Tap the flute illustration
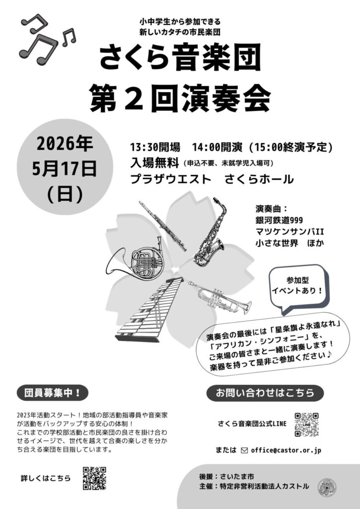(x=163, y=226)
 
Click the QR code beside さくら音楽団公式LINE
(x=306, y=424)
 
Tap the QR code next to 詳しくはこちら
(x=94, y=478)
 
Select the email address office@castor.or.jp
(x=286, y=450)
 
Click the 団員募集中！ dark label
(x=53, y=393)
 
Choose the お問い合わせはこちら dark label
(x=265, y=393)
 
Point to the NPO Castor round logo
(x=327, y=488)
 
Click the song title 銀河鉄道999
(x=279, y=220)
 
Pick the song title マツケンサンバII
(x=289, y=232)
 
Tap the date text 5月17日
(x=64, y=170)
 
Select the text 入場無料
(x=155, y=163)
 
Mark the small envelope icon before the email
(x=244, y=450)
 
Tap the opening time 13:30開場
(x=155, y=147)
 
